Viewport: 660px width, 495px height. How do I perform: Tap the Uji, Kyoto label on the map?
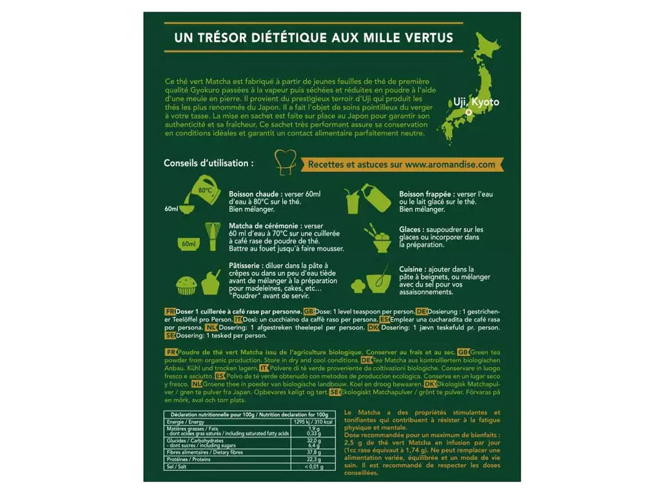pyautogui.click(x=476, y=102)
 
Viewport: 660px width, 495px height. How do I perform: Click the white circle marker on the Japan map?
pyautogui.click(x=469, y=112)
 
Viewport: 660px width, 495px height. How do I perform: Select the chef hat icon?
pyautogui.click(x=285, y=162)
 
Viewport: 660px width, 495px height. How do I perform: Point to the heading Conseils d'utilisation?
pyautogui.click(x=208, y=163)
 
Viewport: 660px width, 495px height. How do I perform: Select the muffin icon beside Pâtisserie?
pyautogui.click(x=186, y=284)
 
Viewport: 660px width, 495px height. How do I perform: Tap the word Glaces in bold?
pyautogui.click(x=411, y=229)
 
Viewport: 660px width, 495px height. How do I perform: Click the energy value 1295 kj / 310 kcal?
pyautogui.click(x=313, y=421)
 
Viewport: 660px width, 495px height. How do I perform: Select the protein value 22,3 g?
pyautogui.click(x=314, y=459)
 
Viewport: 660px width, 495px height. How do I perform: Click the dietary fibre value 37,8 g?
pyautogui.click(x=314, y=452)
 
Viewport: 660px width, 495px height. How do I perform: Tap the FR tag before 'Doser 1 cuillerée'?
pyautogui.click(x=170, y=311)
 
